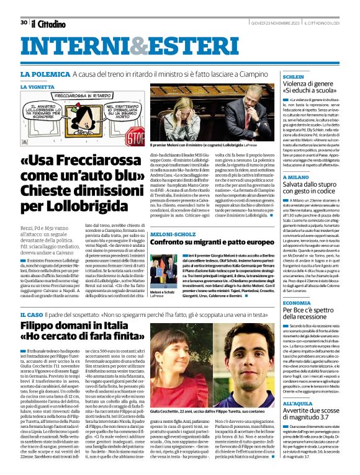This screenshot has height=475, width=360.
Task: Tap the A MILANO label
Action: [x=297, y=177]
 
